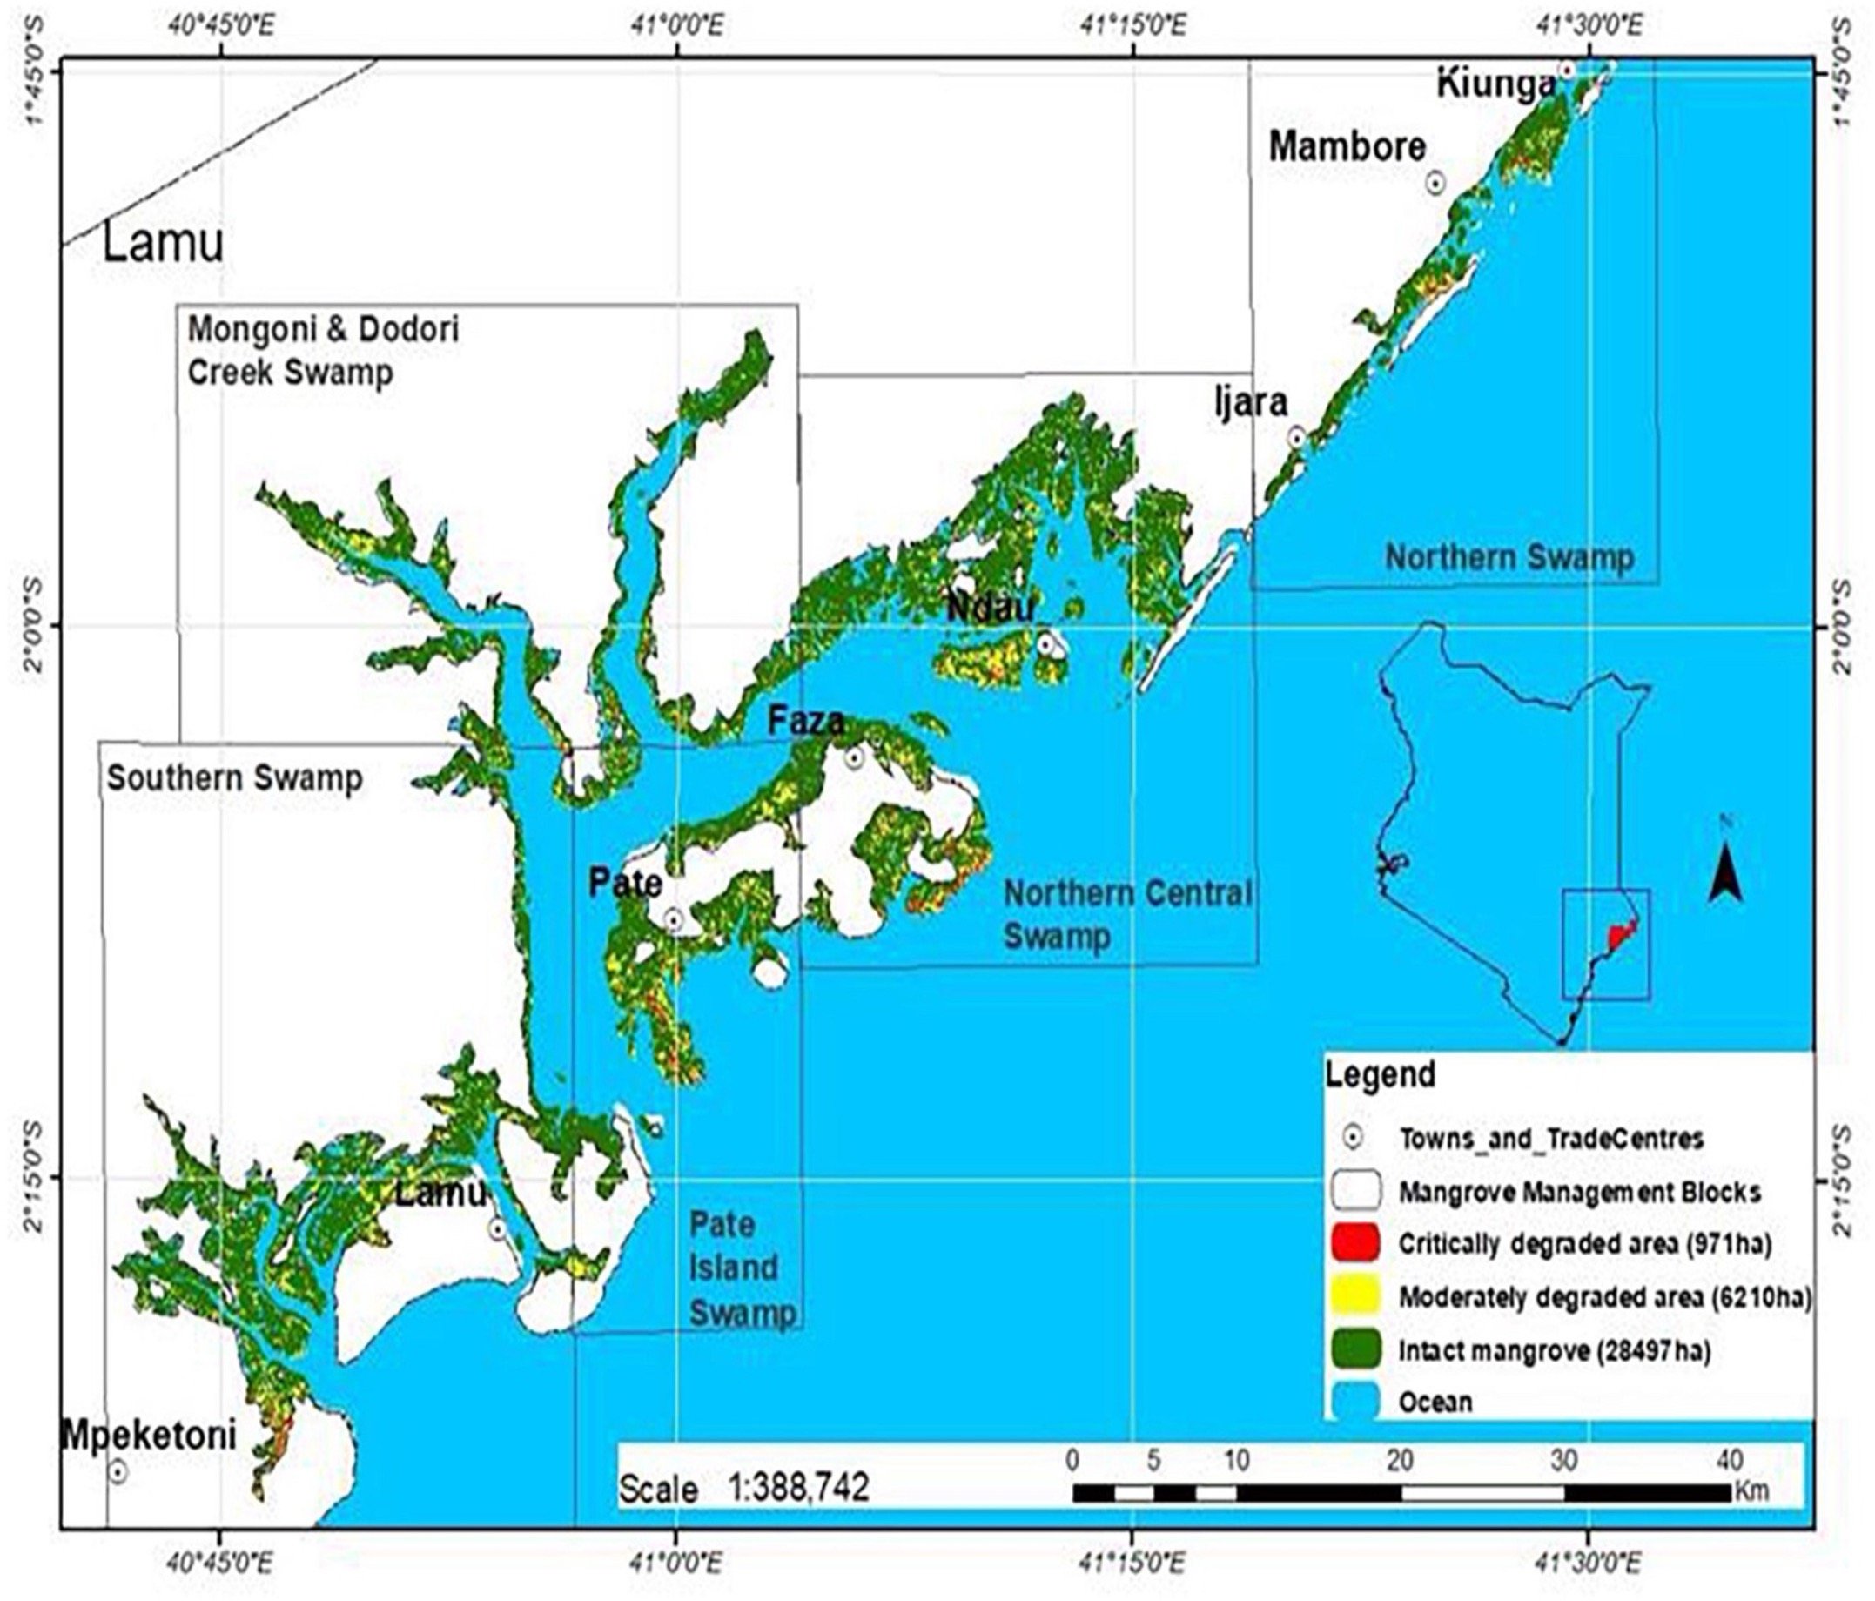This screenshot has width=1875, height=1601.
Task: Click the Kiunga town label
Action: point(1495,85)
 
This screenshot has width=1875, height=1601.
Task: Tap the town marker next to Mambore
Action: point(1435,183)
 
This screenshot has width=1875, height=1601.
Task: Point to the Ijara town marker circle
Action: point(1297,437)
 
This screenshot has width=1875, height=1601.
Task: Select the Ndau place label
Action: point(989,609)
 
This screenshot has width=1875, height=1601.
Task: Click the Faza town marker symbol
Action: point(854,757)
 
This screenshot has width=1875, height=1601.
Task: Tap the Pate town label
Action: point(624,882)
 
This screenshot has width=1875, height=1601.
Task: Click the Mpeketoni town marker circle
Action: point(118,1471)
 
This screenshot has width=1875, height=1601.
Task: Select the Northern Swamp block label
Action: point(1509,556)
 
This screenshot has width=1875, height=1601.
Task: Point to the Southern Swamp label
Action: point(235,778)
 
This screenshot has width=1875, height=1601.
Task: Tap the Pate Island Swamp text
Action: point(742,1268)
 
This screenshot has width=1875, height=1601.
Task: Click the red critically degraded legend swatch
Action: point(1356,1242)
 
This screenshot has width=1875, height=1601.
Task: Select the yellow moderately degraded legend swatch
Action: point(1356,1296)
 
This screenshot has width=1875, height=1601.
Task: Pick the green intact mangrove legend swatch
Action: point(1356,1349)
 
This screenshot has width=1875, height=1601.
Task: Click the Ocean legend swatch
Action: point(1356,1401)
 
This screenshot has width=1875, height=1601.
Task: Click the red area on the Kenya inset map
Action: point(1622,936)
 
